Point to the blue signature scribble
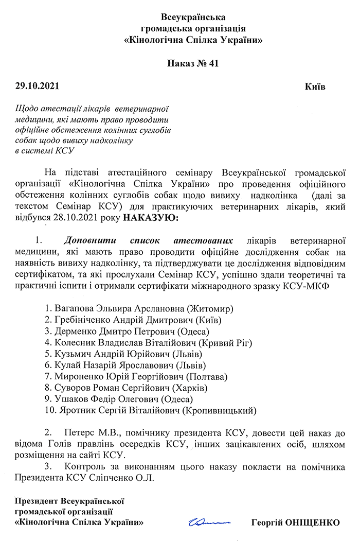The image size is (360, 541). click(x=210, y=521)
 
